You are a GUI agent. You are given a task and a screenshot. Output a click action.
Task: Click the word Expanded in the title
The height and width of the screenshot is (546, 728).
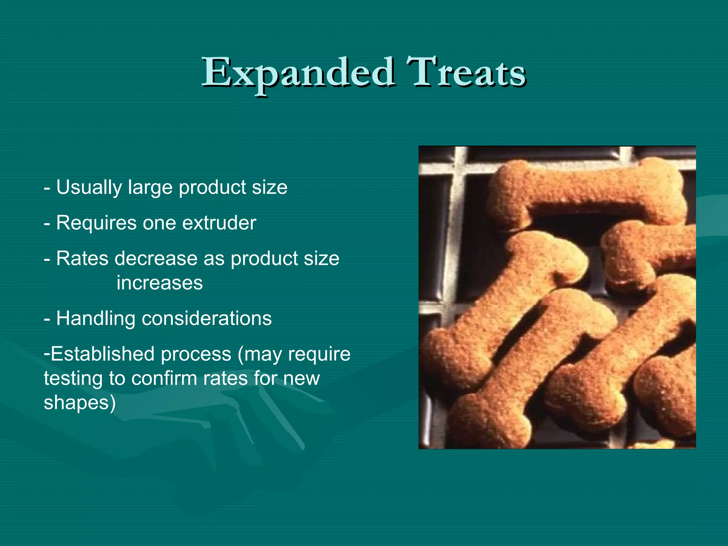298,73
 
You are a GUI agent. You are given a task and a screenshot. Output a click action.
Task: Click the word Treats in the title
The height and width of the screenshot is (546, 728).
466,73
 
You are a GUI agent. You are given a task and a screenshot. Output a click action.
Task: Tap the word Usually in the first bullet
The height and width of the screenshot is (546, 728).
89,187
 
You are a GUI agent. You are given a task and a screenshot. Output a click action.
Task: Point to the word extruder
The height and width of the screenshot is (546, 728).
219,223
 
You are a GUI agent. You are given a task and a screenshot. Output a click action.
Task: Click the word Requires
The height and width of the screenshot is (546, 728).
96,223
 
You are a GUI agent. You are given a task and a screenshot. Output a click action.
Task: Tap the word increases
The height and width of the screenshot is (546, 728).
160,283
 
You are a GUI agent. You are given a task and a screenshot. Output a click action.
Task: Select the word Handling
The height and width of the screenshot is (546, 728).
96,318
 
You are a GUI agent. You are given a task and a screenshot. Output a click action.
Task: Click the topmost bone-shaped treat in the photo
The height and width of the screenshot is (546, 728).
587,194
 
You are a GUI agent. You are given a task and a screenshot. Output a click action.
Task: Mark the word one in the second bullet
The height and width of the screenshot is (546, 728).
159,223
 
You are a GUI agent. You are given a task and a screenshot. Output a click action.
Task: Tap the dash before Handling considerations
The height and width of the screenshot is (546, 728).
47,319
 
